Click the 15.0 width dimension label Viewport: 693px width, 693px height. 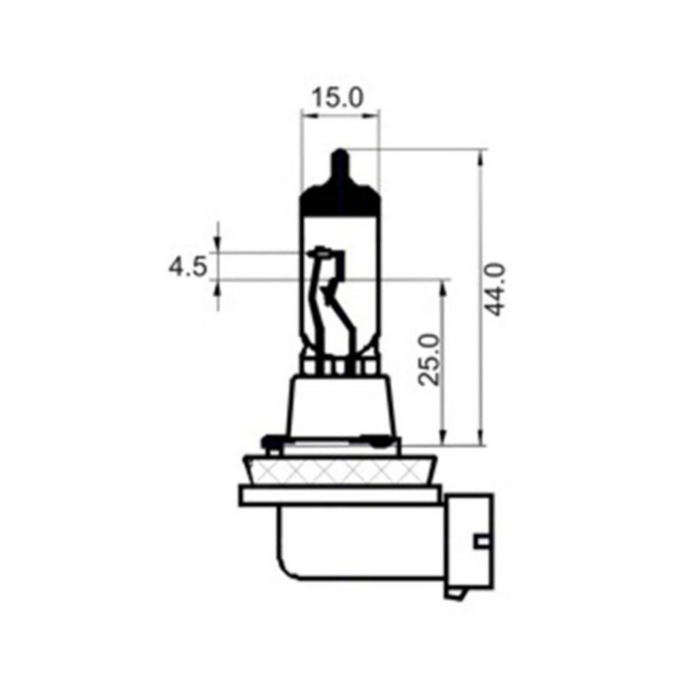click(339, 97)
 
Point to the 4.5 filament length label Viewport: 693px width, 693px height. click(187, 266)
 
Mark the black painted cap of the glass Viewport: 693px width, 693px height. click(340, 198)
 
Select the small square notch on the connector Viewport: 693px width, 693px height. click(480, 541)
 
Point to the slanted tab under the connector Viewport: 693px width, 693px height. click(456, 593)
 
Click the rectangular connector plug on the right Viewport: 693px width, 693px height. click(469, 540)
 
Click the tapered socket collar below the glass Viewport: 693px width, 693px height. click(340, 406)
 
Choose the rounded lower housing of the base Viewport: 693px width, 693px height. click(356, 544)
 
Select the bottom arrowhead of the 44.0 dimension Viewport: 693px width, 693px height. click(482, 439)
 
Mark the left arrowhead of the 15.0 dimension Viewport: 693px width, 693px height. click(306, 116)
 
